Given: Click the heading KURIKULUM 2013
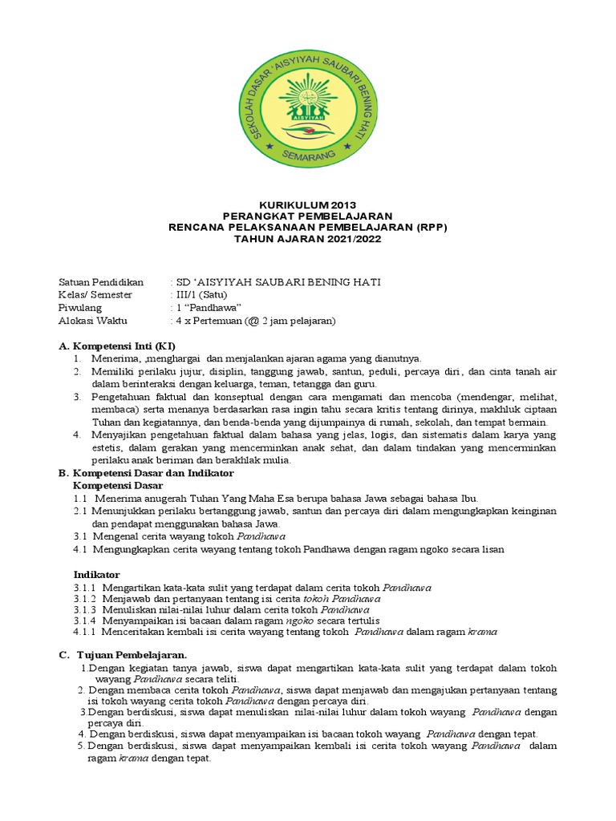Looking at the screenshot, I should point(308,206).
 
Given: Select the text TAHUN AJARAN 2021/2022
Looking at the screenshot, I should point(308,240).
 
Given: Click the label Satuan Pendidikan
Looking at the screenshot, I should point(101,282).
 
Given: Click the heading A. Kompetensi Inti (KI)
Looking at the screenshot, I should point(117,346).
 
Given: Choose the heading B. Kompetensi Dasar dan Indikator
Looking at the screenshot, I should point(140,473).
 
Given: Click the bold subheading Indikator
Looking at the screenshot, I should point(97,575).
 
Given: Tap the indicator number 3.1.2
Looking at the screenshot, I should point(84,598).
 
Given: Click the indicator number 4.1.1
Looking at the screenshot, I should point(84,632).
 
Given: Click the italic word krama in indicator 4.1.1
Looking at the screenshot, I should point(482,632).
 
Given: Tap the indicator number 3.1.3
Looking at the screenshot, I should point(84,609).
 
